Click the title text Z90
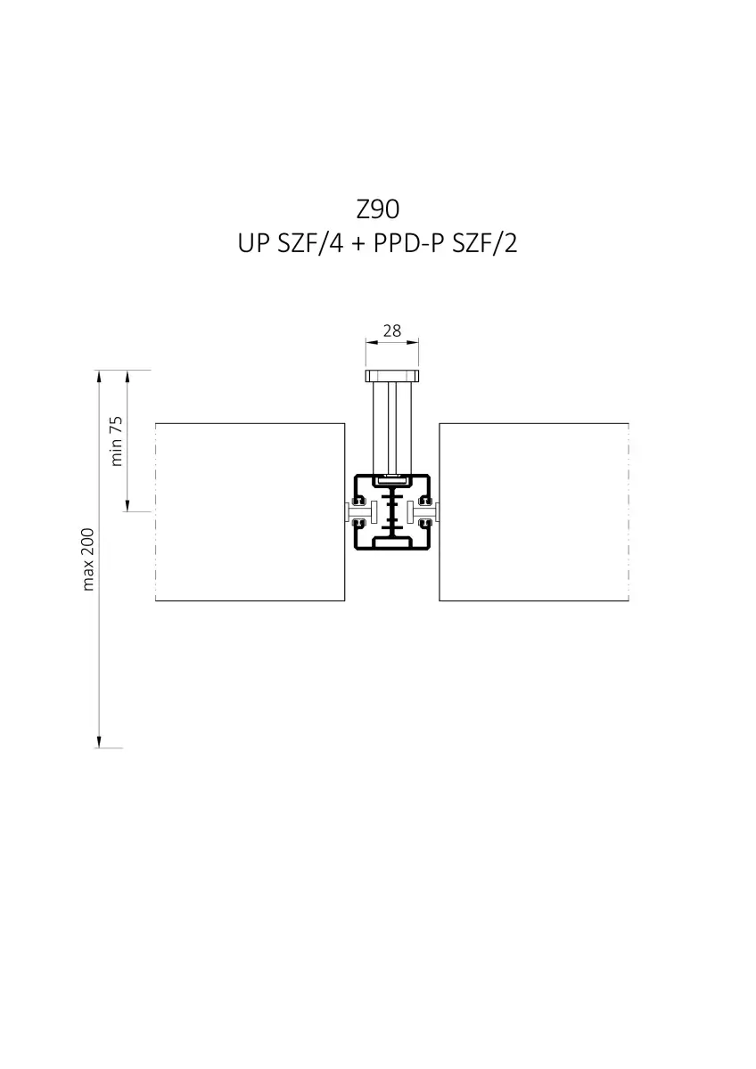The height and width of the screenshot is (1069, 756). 377,209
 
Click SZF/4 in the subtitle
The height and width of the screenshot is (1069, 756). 310,243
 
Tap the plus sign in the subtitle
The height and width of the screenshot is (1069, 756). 358,244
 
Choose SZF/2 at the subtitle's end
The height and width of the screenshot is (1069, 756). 484,243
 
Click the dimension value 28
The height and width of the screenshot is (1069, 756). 392,330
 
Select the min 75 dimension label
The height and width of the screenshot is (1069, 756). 117,441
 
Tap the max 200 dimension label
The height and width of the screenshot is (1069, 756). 88,559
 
